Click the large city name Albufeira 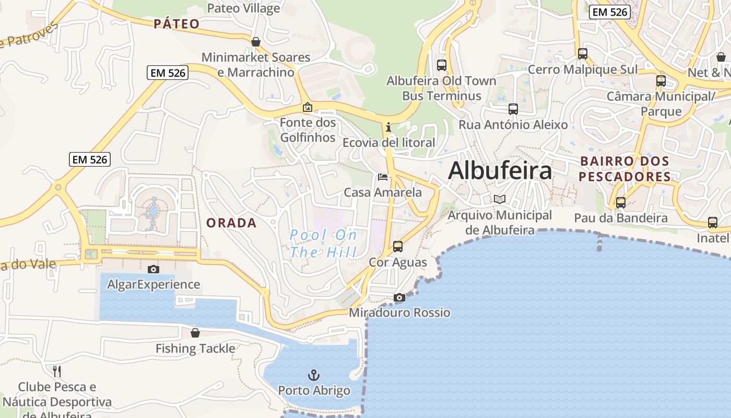click(500, 170)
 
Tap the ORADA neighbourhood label click(231, 223)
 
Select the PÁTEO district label click(177, 24)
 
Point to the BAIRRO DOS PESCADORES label click(624, 169)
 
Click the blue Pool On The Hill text click(324, 243)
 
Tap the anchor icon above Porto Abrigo click(314, 375)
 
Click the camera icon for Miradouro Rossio click(399, 298)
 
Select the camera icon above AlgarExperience click(154, 269)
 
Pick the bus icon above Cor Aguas click(398, 246)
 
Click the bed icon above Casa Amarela click(383, 177)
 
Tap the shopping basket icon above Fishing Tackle click(195, 333)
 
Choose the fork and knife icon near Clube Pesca click(57, 371)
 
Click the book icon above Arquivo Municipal click(500, 199)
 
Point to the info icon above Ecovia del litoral click(388, 127)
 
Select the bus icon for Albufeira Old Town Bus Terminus click(442, 65)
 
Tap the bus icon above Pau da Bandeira click(621, 202)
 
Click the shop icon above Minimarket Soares click(256, 42)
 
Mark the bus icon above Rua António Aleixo click(513, 109)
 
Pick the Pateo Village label click(243, 8)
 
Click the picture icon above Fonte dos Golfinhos click(308, 107)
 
